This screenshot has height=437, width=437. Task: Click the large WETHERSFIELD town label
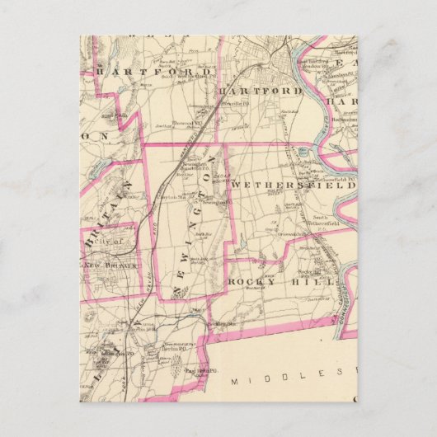294,186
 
